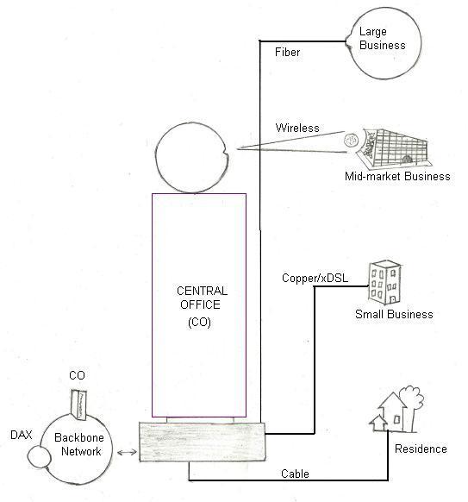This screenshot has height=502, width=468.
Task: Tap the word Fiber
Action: [288, 53]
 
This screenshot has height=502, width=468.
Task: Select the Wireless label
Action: [297, 128]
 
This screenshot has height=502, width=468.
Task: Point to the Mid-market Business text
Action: [396, 177]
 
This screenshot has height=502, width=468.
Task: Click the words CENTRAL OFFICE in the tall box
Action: [198, 298]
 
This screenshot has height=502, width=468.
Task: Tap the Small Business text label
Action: [394, 315]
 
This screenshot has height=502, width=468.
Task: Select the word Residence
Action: [421, 449]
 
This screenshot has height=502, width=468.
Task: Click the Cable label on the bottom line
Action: [295, 474]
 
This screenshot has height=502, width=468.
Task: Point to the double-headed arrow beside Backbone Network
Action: [126, 452]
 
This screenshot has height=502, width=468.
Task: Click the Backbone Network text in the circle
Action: [78, 445]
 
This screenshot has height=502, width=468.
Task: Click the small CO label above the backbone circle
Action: [76, 376]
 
